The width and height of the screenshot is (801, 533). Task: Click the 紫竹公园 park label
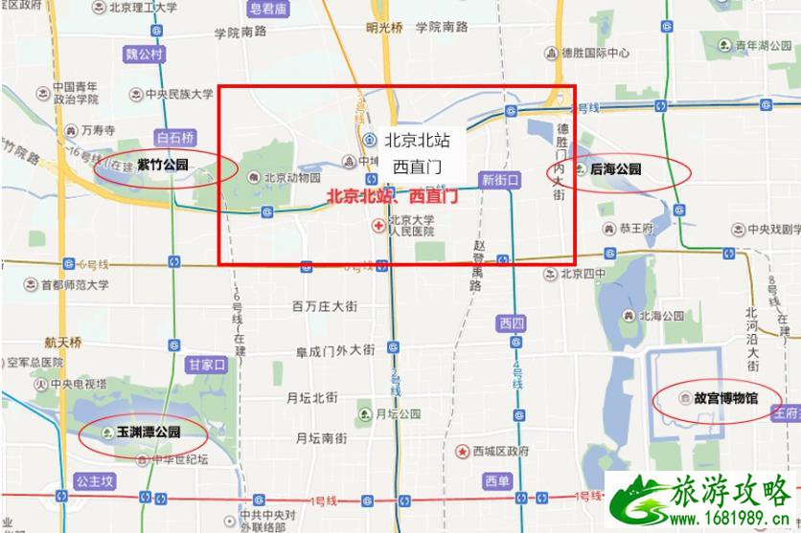[162, 166]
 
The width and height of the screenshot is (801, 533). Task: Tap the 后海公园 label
[615, 169]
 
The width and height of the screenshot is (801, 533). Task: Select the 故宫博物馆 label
[725, 397]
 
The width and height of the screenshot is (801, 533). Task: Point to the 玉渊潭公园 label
[149, 432]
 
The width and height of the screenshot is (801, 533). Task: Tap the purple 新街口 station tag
[499, 179]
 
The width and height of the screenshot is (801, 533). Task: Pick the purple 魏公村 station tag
[145, 54]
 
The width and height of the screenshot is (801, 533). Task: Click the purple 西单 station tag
[497, 480]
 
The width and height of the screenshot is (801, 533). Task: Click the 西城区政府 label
[498, 451]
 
